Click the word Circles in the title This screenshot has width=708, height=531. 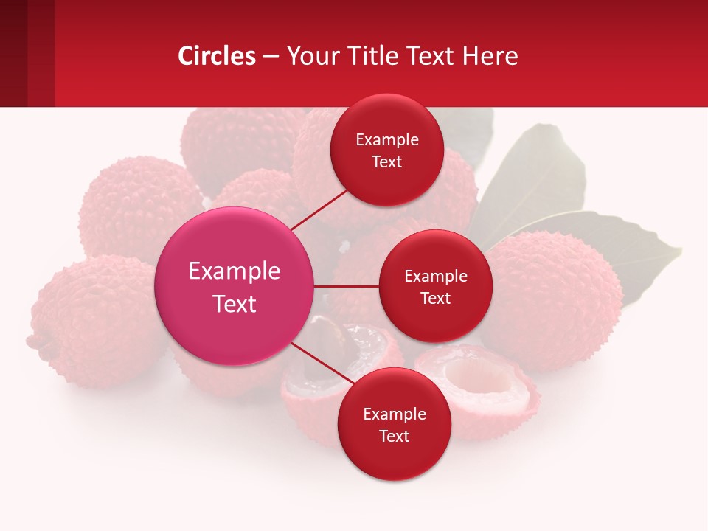[x=216, y=56]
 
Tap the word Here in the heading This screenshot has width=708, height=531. [x=490, y=56]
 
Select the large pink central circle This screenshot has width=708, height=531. [x=235, y=286]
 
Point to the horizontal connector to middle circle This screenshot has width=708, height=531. [x=347, y=286]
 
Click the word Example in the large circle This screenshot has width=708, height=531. [x=235, y=271]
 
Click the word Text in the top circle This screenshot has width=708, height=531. [x=386, y=162]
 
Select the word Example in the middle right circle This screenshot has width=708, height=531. [x=435, y=277]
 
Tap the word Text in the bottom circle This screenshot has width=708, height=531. [x=394, y=436]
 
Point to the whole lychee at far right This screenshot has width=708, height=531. [x=560, y=295]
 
